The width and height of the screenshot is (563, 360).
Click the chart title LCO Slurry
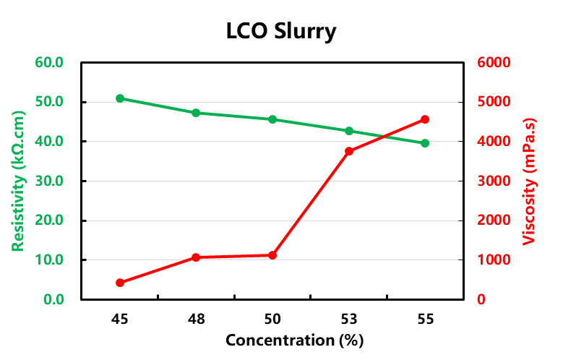point(281,32)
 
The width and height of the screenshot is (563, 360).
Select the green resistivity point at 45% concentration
point(120,98)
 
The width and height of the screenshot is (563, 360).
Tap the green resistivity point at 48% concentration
point(196,113)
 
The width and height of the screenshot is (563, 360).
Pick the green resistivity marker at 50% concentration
point(272,119)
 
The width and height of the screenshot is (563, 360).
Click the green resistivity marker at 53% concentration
point(349,131)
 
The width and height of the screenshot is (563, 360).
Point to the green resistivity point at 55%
point(425,143)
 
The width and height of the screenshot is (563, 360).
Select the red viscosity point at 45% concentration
point(120,283)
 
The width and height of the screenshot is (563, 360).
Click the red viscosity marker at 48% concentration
point(196,257)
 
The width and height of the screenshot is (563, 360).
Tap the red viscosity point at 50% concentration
point(272,255)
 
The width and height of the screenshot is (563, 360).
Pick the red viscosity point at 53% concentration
point(349,151)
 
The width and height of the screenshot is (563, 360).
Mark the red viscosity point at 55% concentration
point(425,119)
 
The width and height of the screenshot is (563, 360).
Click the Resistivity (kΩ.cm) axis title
point(19,181)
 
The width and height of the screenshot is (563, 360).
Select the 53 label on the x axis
point(349,318)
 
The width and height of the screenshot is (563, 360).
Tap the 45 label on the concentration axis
point(120,318)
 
